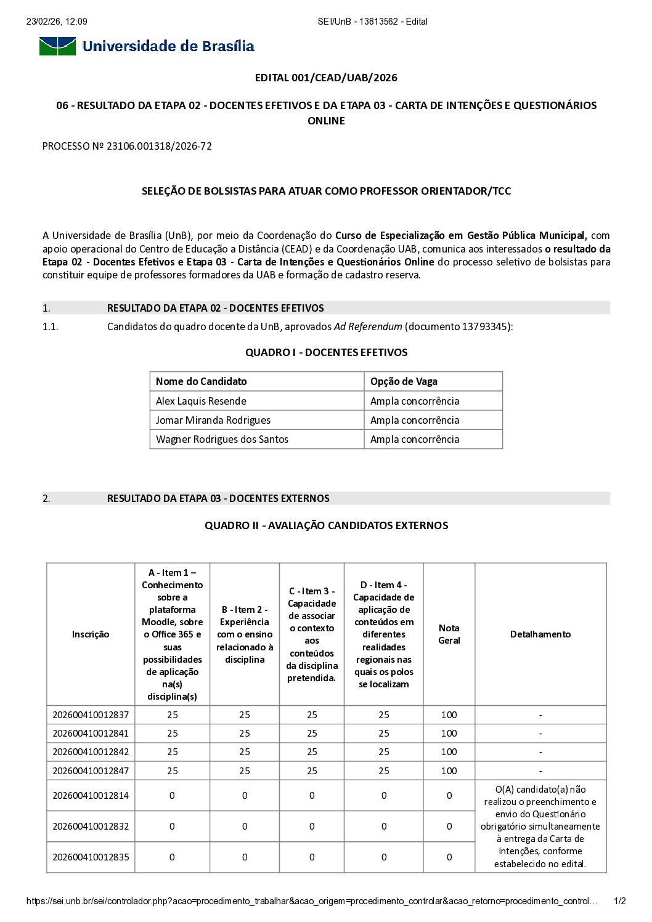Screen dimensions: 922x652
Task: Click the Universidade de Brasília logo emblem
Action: (x=57, y=46)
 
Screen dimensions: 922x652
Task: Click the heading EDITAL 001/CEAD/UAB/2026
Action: (x=326, y=78)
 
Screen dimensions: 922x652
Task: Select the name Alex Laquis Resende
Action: (x=201, y=401)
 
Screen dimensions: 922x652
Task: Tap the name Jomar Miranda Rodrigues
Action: (x=213, y=420)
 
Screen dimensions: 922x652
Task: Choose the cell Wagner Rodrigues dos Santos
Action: (x=222, y=439)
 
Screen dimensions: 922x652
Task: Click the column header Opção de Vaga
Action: (x=404, y=381)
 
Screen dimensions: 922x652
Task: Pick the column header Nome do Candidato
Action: (x=201, y=381)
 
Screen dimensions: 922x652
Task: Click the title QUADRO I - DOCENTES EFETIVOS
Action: (x=326, y=352)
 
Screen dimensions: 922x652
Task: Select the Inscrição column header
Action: (x=91, y=634)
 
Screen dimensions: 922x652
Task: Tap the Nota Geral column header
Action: (x=449, y=634)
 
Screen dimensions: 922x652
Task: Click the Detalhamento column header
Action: (x=540, y=634)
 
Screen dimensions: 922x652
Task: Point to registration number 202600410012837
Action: (x=91, y=715)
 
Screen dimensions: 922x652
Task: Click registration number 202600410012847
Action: (x=91, y=771)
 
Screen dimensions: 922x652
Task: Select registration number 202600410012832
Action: (x=91, y=827)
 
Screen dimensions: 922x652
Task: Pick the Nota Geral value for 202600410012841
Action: (x=449, y=734)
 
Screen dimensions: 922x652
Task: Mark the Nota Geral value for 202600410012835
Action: (x=449, y=857)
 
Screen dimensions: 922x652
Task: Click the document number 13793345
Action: (x=486, y=326)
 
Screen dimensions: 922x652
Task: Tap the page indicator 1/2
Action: (x=620, y=901)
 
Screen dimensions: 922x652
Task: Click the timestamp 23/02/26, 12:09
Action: (x=57, y=22)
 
